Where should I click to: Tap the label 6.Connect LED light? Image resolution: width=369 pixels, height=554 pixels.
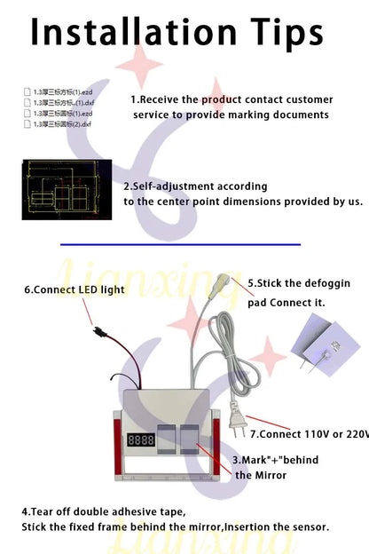coord(75,289)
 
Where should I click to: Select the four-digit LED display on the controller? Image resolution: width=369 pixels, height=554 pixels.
coord(140,439)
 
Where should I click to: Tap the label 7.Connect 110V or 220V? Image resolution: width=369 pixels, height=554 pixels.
coord(310,434)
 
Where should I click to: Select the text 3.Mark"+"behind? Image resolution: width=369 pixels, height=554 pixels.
coord(275,460)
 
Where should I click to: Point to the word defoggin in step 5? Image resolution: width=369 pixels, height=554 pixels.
coord(324,283)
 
